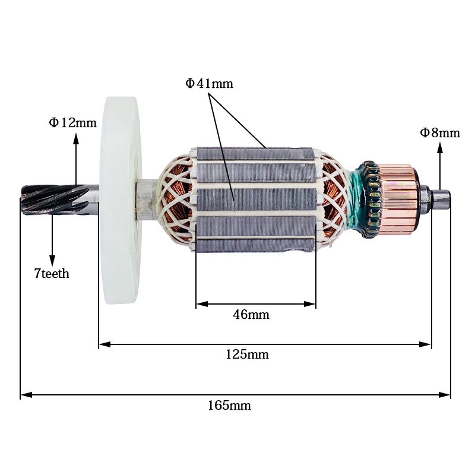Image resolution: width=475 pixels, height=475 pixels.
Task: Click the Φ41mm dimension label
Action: click(209, 84)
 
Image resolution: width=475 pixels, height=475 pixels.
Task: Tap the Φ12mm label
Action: click(72, 123)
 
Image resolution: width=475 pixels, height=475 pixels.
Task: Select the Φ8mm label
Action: click(440, 132)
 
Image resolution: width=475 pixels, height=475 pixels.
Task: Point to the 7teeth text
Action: click(52, 274)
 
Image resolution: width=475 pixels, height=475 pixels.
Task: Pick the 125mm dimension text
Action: click(247, 354)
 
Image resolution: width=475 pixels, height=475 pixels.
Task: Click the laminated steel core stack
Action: click(255, 199)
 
